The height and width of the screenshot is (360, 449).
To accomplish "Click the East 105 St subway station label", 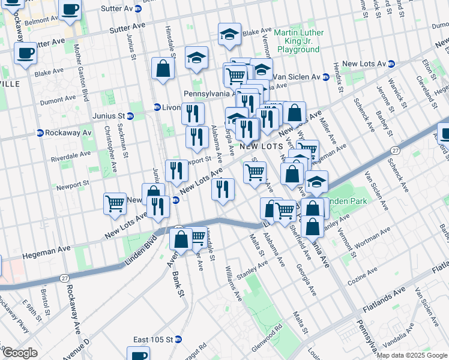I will [x=153, y=340].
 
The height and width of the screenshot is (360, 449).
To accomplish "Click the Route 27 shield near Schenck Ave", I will [x=395, y=151].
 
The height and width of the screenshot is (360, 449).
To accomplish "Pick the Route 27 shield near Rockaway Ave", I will [x=64, y=278].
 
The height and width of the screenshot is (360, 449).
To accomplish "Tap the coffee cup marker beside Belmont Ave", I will [x=70, y=10].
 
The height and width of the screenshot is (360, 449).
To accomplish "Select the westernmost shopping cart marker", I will [x=115, y=202].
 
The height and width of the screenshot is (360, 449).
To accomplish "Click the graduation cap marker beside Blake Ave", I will [x=229, y=35].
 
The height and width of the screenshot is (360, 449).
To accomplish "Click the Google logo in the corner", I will [x=20, y=353].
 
